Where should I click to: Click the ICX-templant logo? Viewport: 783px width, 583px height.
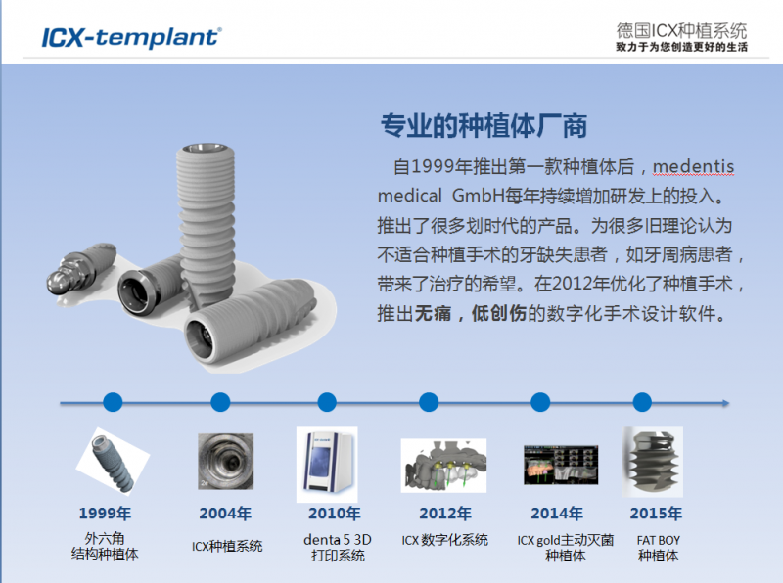132,37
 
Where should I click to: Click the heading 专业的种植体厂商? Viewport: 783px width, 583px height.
484,125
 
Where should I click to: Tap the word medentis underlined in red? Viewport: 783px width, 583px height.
693,166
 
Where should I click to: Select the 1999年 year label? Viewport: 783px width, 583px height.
105,514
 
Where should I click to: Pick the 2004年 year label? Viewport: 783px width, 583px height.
225,514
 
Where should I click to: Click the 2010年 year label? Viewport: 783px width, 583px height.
334,514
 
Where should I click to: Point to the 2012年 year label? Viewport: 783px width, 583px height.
445,514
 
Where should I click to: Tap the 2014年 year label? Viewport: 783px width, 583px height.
557,514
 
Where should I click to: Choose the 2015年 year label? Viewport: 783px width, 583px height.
656,514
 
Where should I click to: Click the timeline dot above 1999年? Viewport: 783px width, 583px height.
113,402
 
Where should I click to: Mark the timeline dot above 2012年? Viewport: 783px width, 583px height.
429,402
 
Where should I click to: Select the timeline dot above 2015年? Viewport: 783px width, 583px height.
642,402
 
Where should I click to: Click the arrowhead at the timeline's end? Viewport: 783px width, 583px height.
726,403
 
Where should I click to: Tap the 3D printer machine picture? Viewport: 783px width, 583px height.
327,465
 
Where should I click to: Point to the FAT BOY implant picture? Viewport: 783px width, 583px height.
652,462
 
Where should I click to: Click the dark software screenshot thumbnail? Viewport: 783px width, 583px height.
561,466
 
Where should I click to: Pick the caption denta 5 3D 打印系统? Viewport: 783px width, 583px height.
338,548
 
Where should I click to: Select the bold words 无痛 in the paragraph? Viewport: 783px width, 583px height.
433,313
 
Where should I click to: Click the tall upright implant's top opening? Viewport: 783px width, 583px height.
206,149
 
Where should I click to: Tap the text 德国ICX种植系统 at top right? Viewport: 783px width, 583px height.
681,31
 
